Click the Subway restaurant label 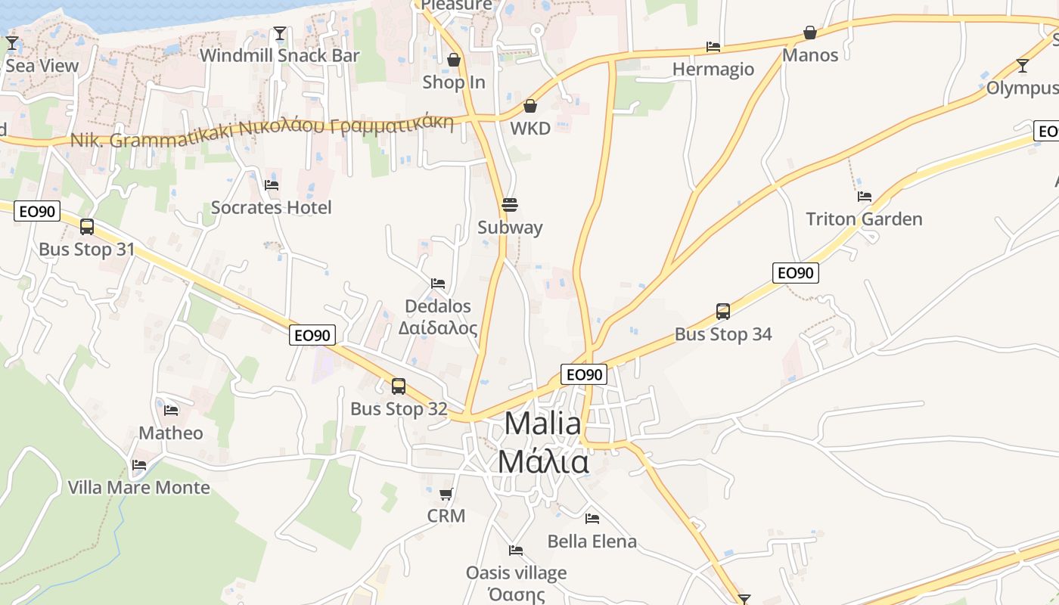coord(510,227)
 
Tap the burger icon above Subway coord(510,205)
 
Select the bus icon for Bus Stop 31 coord(87,227)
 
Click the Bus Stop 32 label coord(399,409)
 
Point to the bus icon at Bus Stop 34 coord(723,312)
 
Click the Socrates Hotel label coord(271,207)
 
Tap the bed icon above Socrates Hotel coord(272,185)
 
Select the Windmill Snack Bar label coord(279,55)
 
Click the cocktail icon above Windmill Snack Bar coord(280,33)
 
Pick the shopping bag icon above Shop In coord(454,60)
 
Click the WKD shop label coord(530,128)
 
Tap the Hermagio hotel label coord(713,70)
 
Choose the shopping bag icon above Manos coord(810,33)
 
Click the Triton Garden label coord(864,219)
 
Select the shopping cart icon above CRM coord(446,495)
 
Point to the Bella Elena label coord(592,541)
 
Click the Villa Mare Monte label coord(139,487)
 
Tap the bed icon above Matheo coord(172,411)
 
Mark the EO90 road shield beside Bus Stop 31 coord(37,212)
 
